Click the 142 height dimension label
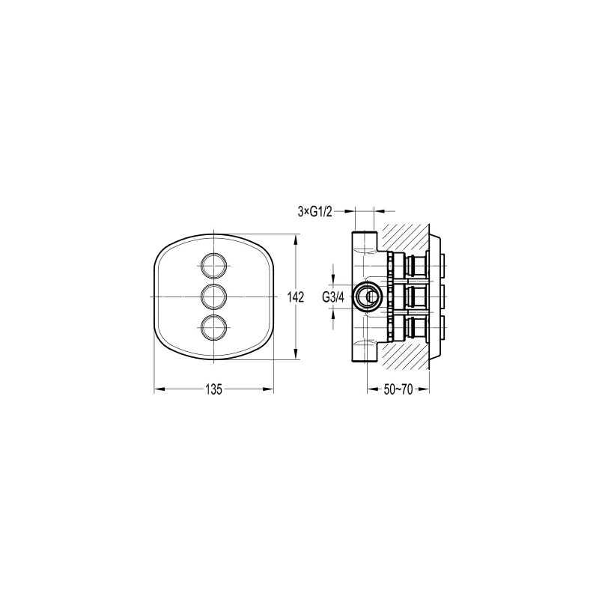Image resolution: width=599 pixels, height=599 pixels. pyautogui.click(x=296, y=297)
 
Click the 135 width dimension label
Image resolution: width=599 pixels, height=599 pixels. pyautogui.click(x=213, y=389)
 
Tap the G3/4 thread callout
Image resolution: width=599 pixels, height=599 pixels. pyautogui.click(x=333, y=297)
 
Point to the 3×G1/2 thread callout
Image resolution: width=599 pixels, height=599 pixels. pyautogui.click(x=315, y=212)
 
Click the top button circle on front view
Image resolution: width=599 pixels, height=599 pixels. pyautogui.click(x=213, y=265)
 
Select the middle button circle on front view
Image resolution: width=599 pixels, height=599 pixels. pyautogui.click(x=213, y=297)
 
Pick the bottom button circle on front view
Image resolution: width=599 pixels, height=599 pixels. pyautogui.click(x=213, y=328)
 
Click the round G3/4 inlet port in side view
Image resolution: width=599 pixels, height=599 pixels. pyautogui.click(x=367, y=297)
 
